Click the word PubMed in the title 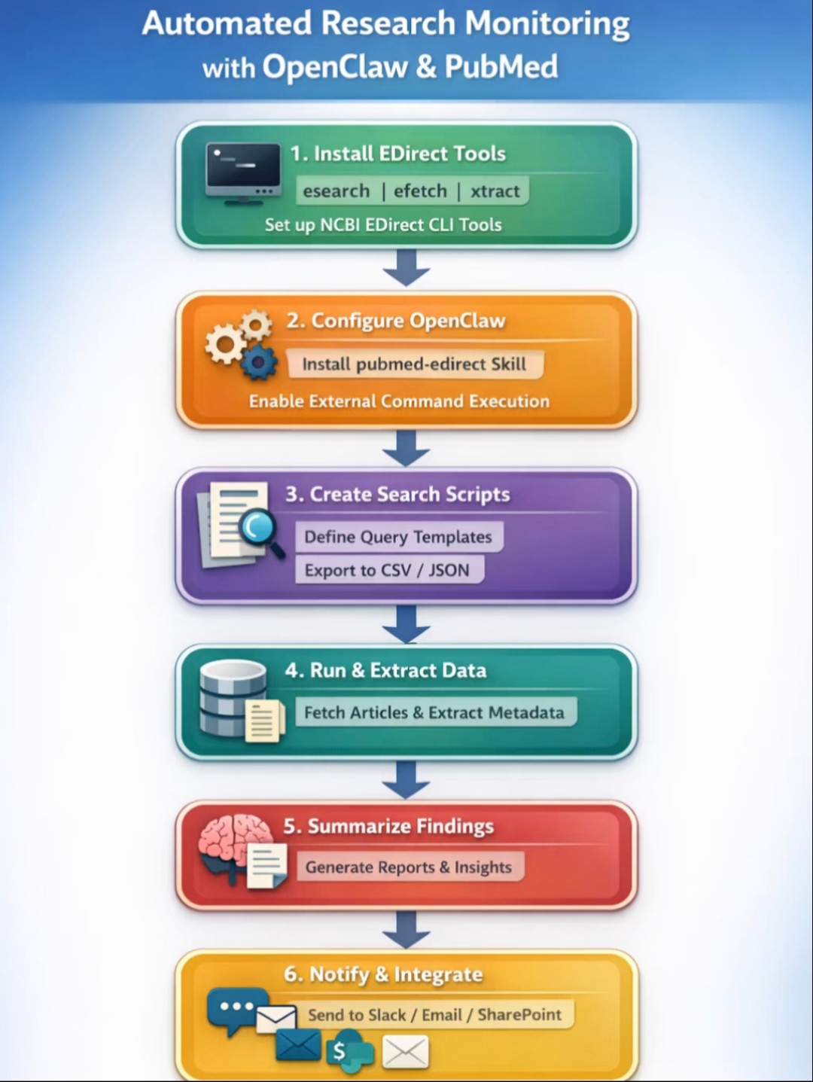pyautogui.click(x=501, y=66)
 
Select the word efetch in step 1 pyautogui.click(x=420, y=190)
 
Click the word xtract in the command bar pyautogui.click(x=495, y=190)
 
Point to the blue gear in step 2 pyautogui.click(x=259, y=362)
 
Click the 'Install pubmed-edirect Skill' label pyautogui.click(x=414, y=364)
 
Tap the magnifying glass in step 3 pyautogui.click(x=260, y=532)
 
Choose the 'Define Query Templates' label pyautogui.click(x=398, y=537)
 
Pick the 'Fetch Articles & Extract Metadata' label pyautogui.click(x=434, y=712)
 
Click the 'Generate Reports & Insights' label pyautogui.click(x=409, y=867)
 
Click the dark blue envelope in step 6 pyautogui.click(x=298, y=1044)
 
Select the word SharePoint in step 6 pyautogui.click(x=519, y=1015)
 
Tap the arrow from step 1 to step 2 pyautogui.click(x=406, y=267)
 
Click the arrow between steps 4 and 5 pyautogui.click(x=406, y=780)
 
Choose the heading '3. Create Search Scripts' pyautogui.click(x=397, y=495)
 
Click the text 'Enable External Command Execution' pyautogui.click(x=399, y=401)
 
